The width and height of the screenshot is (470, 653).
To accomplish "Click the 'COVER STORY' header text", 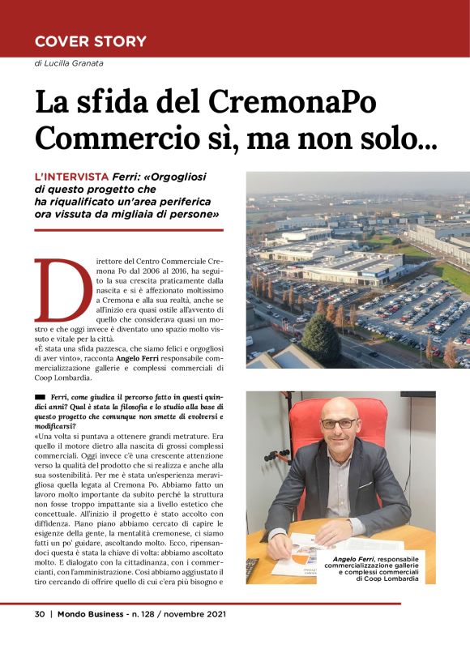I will [x=90, y=41].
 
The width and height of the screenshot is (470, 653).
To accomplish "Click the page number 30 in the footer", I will [x=39, y=613].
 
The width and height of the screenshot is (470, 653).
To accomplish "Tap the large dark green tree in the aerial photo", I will [x=321, y=336].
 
